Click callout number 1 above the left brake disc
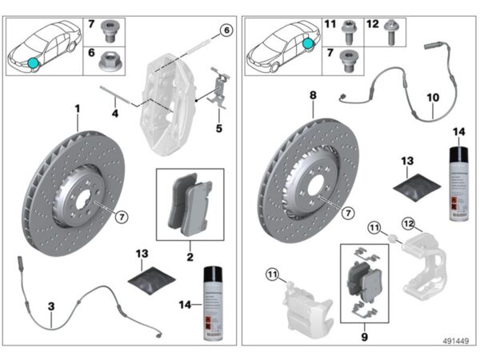(x=78, y=107)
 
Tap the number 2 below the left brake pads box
(x=190, y=258)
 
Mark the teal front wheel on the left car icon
(x=34, y=62)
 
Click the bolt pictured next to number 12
(x=392, y=33)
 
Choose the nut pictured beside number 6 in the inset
(x=111, y=59)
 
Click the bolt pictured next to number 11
(x=349, y=33)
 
